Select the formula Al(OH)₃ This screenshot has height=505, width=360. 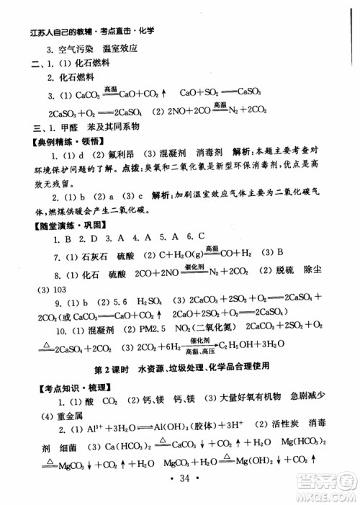click(x=174, y=432)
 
